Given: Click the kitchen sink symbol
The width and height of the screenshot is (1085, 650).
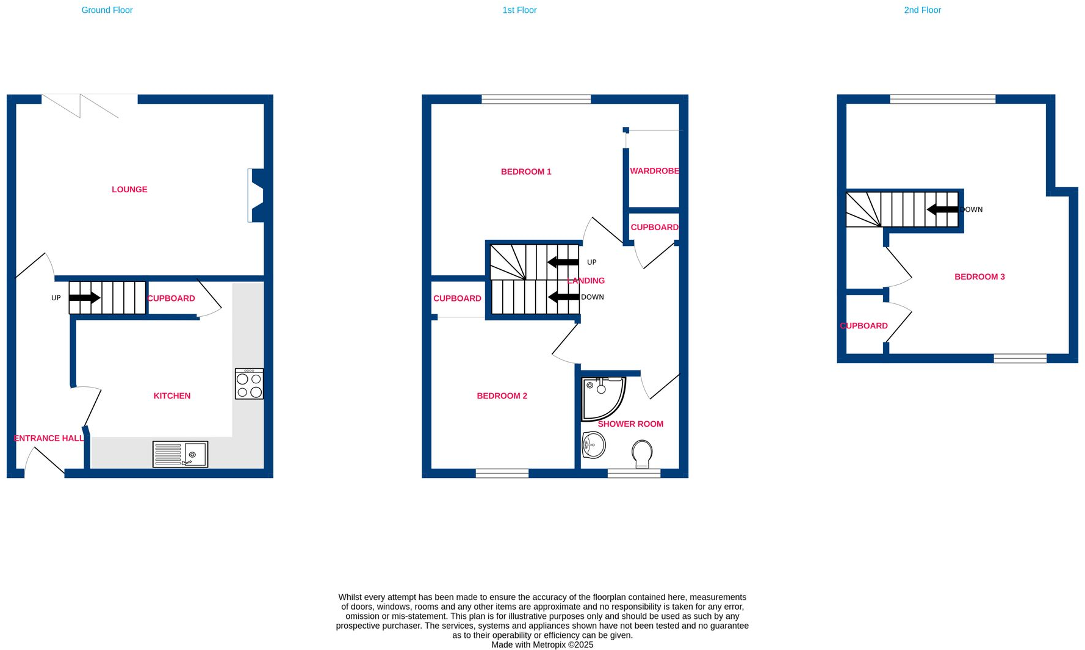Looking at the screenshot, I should pos(180,454).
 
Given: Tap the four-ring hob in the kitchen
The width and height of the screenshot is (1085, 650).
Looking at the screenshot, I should pos(249,384).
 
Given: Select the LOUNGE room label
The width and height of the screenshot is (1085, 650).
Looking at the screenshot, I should pos(129,189).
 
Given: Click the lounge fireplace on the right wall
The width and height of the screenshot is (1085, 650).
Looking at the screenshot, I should pos(256,195).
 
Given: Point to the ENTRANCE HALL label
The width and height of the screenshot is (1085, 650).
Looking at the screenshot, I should pos(49,438).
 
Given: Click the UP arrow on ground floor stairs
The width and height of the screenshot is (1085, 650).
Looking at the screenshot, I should pos(85,298).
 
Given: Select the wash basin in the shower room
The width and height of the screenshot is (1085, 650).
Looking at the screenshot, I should pos(593,445).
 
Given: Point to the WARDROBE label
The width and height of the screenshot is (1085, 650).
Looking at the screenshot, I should pos(654,171).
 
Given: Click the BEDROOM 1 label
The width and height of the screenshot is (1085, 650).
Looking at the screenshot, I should pos(526,172).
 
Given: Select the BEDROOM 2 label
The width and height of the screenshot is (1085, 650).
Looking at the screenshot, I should pos(502,395).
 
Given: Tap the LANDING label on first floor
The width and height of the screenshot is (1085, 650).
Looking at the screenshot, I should pos(586,281).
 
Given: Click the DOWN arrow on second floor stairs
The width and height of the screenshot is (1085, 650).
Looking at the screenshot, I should pos(942,209).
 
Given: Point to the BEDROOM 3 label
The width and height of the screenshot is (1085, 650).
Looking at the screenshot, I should pos(979,276).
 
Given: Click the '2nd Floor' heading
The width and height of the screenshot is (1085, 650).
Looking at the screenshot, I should pos(922,10).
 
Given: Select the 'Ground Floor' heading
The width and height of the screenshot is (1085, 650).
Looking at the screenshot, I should pos(107,10).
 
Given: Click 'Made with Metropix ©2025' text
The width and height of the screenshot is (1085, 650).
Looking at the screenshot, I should pos(542,645).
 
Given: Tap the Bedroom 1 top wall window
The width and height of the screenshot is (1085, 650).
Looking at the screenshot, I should pos(536,99).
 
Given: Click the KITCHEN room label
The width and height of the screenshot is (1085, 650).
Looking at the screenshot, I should pos(171,395).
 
